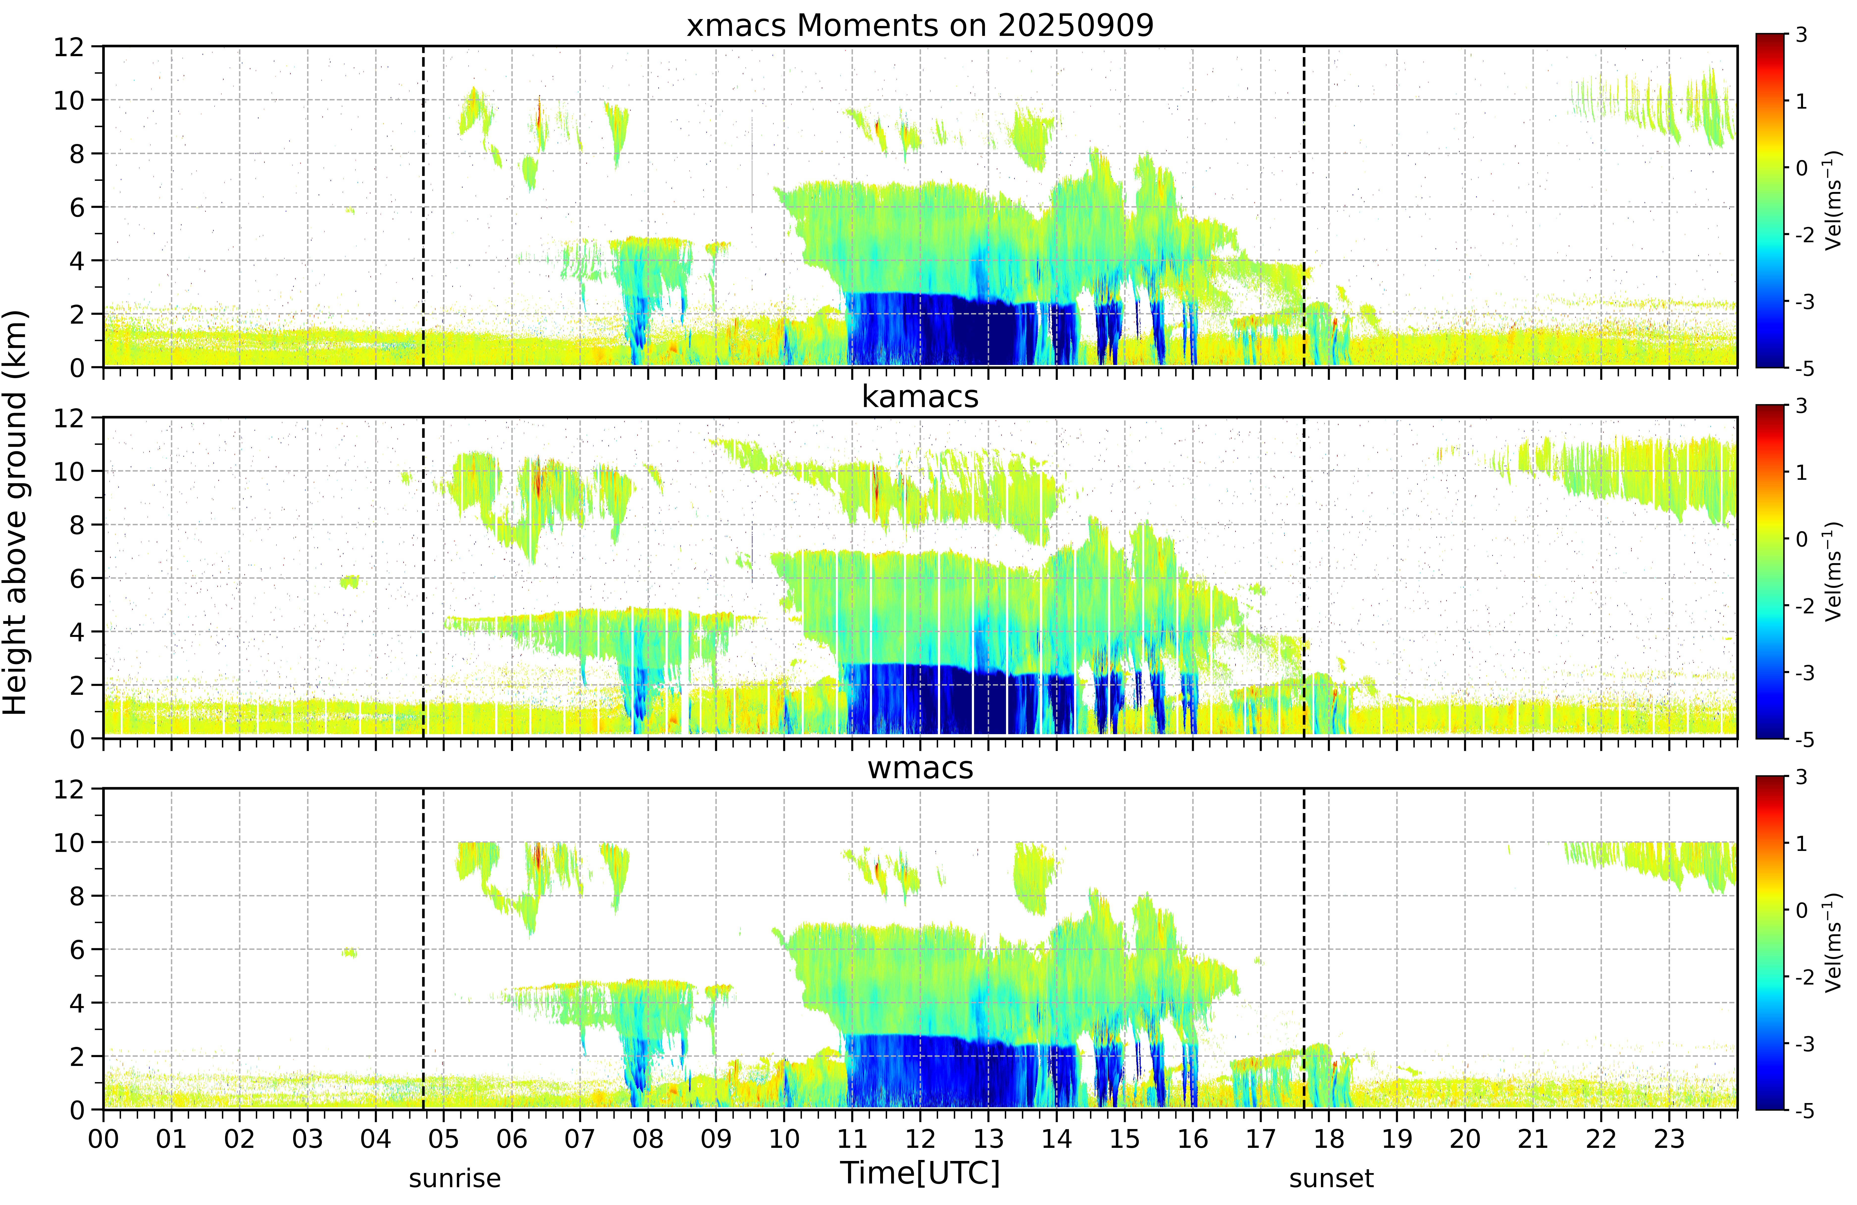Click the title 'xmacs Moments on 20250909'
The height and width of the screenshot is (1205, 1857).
pyautogui.click(x=920, y=26)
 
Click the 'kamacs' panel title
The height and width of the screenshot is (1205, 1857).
pyautogui.click(x=920, y=397)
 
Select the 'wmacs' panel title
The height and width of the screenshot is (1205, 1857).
pyautogui.click(x=920, y=768)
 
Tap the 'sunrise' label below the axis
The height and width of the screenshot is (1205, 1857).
pyautogui.click(x=455, y=1179)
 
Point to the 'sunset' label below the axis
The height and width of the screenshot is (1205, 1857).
pyautogui.click(x=1331, y=1179)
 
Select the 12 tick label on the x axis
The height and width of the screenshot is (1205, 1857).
pyautogui.click(x=920, y=1139)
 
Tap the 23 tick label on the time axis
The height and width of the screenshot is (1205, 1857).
pyautogui.click(x=1669, y=1139)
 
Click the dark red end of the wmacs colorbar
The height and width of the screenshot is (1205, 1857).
pyautogui.click(x=1770, y=780)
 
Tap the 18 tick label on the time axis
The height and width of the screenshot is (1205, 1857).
pyautogui.click(x=1329, y=1139)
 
